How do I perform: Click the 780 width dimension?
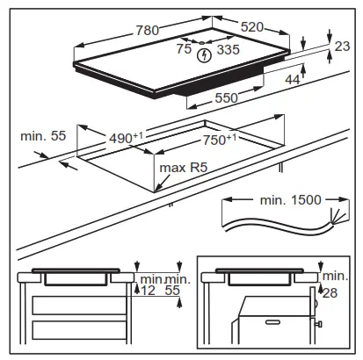(147, 30)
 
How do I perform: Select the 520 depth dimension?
(252, 27)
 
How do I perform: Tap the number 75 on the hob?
(183, 50)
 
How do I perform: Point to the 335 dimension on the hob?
(228, 50)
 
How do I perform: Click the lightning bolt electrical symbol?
(206, 56)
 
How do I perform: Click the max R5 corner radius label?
(181, 167)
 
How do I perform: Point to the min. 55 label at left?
(42, 136)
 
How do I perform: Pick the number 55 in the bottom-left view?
(173, 291)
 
